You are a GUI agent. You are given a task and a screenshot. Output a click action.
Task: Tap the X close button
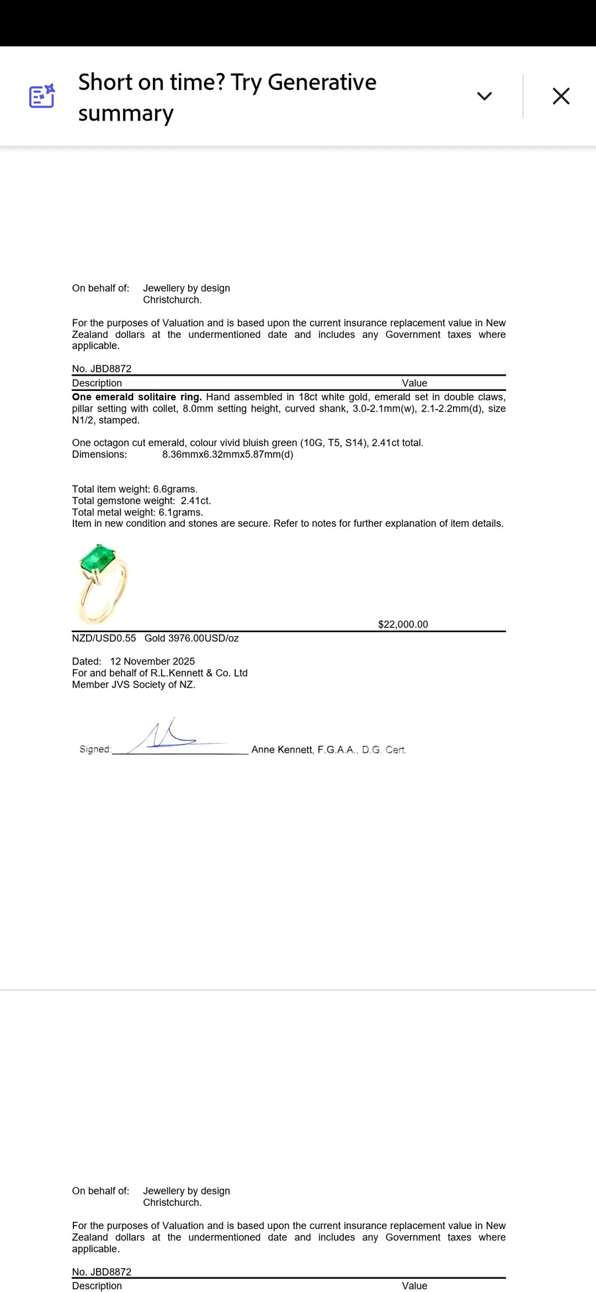(561, 96)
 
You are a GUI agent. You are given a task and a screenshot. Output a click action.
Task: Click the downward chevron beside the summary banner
(484, 96)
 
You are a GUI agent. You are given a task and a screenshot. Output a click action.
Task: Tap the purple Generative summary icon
(42, 96)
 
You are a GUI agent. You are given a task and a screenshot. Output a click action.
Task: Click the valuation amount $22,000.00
(403, 624)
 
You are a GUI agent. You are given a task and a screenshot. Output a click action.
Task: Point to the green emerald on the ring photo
(97, 559)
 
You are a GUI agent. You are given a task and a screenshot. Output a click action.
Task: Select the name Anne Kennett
(281, 749)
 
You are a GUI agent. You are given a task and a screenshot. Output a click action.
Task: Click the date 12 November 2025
(152, 661)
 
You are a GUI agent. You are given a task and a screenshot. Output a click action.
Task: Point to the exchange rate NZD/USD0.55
(104, 638)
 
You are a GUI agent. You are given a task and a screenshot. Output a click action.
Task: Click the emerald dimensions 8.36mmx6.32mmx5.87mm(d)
(227, 455)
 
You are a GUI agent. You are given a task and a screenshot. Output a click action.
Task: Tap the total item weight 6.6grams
(175, 489)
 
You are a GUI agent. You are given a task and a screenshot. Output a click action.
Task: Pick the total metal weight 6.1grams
(180, 512)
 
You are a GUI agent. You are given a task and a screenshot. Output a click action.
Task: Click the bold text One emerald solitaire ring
(136, 397)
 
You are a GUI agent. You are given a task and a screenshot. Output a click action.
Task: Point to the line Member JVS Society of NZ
(133, 684)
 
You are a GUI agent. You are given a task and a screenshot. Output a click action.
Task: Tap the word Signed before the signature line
(95, 749)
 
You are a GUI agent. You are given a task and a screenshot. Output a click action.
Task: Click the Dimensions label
(99, 455)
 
